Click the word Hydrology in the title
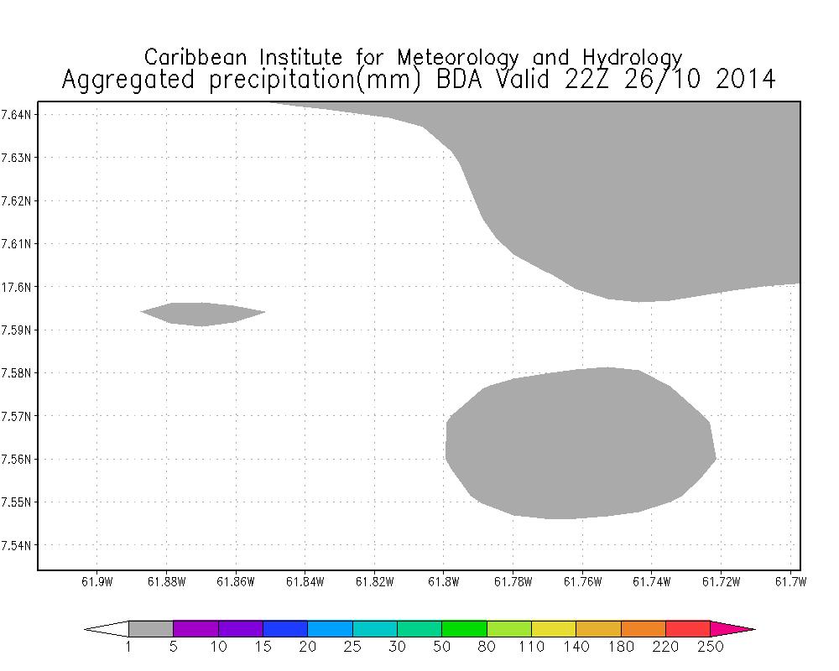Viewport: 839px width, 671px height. (x=631, y=58)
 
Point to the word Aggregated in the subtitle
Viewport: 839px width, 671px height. (x=128, y=81)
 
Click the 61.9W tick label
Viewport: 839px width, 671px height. (x=96, y=582)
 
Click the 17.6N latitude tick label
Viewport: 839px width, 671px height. (x=18, y=287)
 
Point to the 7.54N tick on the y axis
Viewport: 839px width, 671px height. (x=18, y=545)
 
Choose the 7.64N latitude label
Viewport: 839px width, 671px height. (x=18, y=114)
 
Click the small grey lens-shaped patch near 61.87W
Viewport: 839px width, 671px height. (x=201, y=314)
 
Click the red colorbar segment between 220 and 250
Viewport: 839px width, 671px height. (x=688, y=629)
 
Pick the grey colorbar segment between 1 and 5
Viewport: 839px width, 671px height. (x=151, y=629)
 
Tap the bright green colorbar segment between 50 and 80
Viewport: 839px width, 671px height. (x=464, y=629)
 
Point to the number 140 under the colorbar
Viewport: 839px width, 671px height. (x=576, y=647)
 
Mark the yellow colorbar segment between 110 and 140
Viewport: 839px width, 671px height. (x=554, y=629)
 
